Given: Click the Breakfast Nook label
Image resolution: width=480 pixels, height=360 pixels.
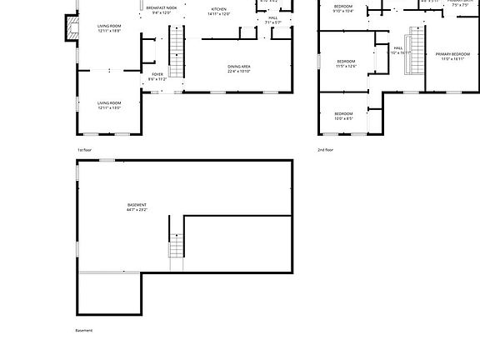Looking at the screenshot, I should pyautogui.click(x=161, y=10).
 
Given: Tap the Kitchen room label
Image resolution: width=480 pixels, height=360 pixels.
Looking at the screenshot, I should pyautogui.click(x=218, y=11).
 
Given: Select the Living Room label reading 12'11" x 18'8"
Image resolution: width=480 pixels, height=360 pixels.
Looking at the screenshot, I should pyautogui.click(x=109, y=28).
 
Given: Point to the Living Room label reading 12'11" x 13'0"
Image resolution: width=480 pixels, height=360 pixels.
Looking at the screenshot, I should pyautogui.click(x=109, y=105).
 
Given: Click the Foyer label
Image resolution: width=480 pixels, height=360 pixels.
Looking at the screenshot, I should pyautogui.click(x=157, y=76).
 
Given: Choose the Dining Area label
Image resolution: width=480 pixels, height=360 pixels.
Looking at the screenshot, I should pyautogui.click(x=239, y=68).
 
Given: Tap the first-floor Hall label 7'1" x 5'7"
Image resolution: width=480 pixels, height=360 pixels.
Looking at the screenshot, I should pyautogui.click(x=272, y=20).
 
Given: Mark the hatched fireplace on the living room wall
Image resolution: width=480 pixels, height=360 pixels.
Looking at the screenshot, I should pyautogui.click(x=68, y=28).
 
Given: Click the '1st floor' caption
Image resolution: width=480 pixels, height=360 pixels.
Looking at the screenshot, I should pyautogui.click(x=85, y=150).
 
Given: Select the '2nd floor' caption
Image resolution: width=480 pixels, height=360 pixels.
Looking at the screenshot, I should pyautogui.click(x=325, y=150).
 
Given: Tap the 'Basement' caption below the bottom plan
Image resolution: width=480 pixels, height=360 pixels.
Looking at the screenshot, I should pyautogui.click(x=84, y=331).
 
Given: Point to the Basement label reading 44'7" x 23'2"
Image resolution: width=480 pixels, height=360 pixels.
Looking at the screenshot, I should pyautogui.click(x=137, y=207).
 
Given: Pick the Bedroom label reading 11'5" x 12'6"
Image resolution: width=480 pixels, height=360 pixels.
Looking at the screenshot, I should pyautogui.click(x=346, y=63).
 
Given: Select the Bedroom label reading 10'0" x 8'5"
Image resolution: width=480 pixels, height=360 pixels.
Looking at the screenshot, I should pyautogui.click(x=343, y=116).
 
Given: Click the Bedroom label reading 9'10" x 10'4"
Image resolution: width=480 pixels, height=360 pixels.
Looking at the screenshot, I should pyautogui.click(x=343, y=9).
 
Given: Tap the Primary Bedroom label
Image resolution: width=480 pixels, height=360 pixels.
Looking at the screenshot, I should pyautogui.click(x=452, y=56).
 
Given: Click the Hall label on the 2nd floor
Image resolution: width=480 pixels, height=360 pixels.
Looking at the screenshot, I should pyautogui.click(x=399, y=50).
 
